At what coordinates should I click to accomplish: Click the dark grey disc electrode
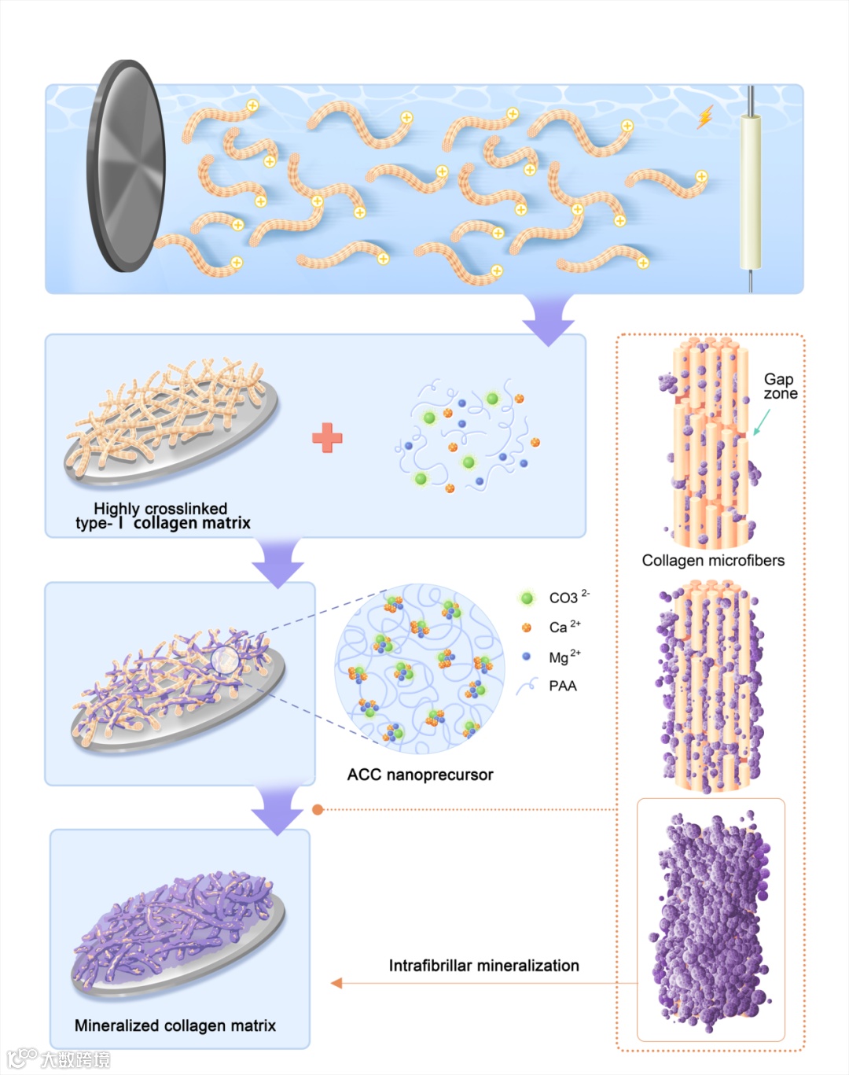point(126,166)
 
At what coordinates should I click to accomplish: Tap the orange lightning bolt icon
point(705,117)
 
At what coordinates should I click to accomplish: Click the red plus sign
point(327,438)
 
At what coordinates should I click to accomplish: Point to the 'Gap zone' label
point(780,386)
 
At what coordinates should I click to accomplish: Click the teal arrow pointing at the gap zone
point(761,423)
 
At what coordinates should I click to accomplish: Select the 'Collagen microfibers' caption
point(713,561)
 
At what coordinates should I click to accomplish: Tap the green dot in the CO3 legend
point(527,598)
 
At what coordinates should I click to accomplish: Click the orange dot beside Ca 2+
point(527,628)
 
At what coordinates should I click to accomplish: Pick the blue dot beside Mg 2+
point(527,657)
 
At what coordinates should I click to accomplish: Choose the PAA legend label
point(563,686)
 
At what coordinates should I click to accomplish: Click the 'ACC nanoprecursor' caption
point(420,775)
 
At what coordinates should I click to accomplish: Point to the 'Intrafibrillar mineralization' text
point(483,966)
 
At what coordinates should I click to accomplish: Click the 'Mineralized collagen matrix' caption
point(175,1025)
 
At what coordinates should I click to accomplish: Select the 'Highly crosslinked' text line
point(160,509)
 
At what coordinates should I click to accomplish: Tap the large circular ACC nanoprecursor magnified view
point(420,668)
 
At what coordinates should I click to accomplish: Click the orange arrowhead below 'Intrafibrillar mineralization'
point(337,983)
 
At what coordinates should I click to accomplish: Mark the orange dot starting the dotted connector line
point(318,809)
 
